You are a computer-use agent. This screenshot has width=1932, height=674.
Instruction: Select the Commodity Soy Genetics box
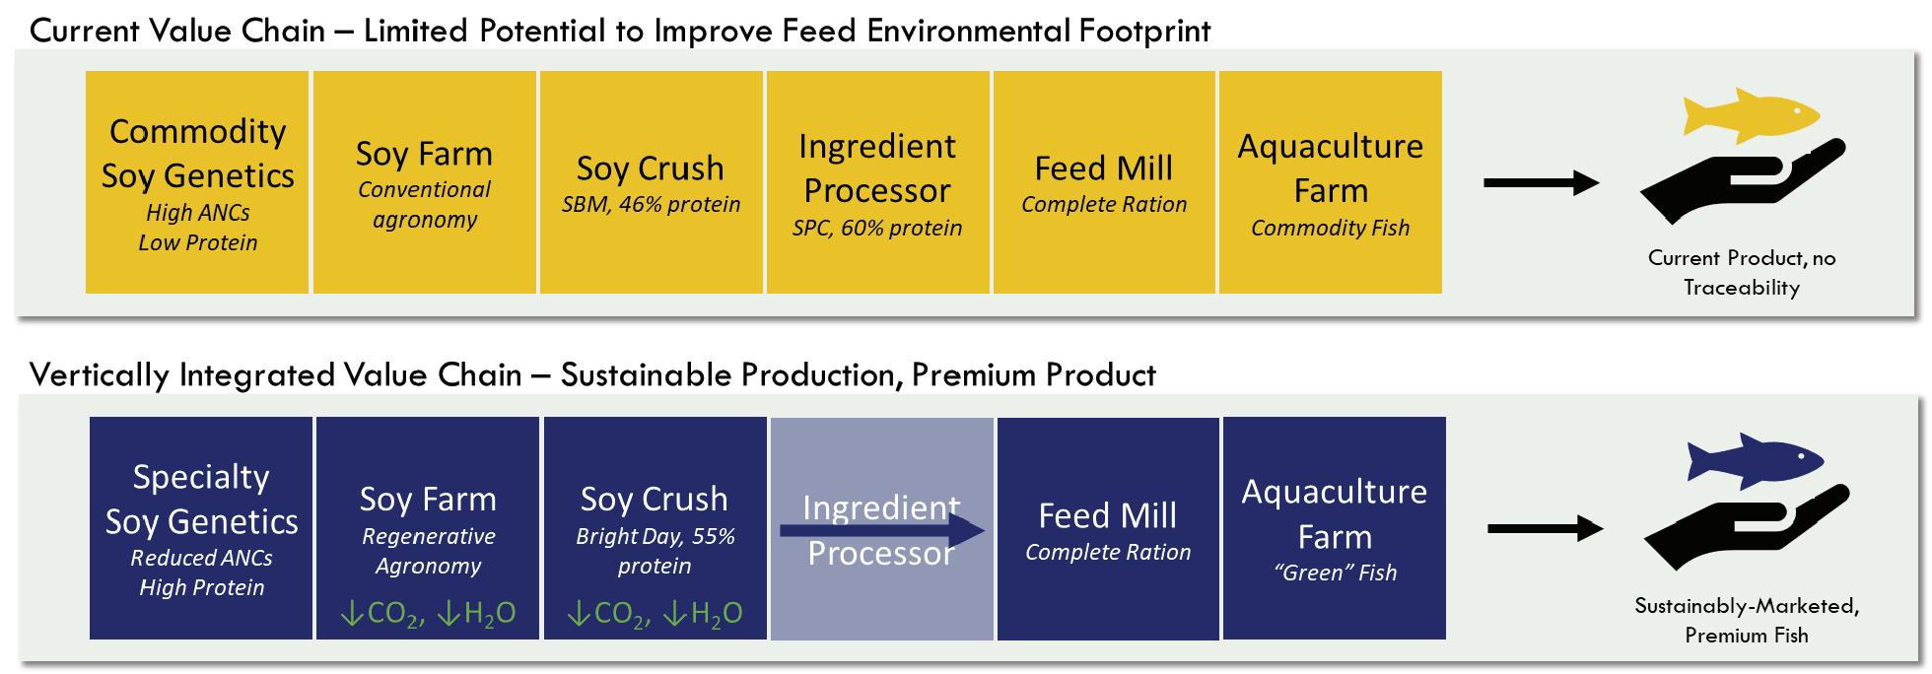pos(197,182)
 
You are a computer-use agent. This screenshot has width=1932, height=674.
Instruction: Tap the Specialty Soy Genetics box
pos(201,528)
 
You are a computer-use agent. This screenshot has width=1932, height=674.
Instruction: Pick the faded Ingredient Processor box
pos(881,528)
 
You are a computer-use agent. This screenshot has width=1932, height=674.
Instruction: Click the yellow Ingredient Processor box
pos(877,182)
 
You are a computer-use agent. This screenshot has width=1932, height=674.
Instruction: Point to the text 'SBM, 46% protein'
pos(651,205)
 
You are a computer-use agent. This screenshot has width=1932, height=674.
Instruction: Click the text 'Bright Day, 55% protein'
pos(655,551)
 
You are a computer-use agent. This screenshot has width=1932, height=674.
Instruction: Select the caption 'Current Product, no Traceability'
pos(1742,273)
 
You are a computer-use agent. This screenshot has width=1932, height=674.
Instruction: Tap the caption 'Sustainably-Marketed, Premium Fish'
pos(1747,621)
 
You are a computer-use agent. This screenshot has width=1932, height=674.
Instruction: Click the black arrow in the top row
pos(1542,182)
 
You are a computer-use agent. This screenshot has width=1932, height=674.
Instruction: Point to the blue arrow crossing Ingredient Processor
pos(882,531)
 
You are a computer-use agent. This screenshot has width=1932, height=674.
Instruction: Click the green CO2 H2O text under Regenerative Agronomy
pos(428,614)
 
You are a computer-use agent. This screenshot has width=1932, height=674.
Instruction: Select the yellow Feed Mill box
pos(1104,182)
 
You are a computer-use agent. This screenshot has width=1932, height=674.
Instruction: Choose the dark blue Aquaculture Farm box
pos(1335,528)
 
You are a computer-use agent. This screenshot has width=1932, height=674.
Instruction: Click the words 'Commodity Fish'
pos(1331,228)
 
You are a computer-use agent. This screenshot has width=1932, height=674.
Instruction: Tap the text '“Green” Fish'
pos(1335,573)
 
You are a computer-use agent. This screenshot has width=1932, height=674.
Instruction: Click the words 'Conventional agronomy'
pos(425,204)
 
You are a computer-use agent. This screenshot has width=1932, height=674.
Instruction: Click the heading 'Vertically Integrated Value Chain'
pos(276,375)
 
